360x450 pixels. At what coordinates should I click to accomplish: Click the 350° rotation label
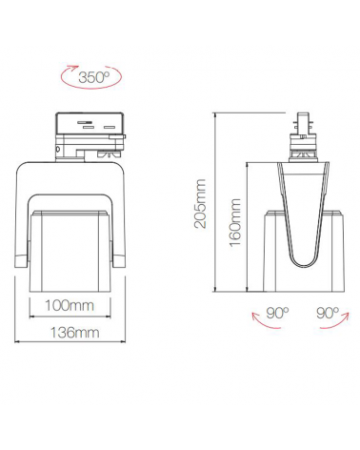pos(92,77)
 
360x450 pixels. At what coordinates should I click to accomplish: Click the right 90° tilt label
pos(327,312)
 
